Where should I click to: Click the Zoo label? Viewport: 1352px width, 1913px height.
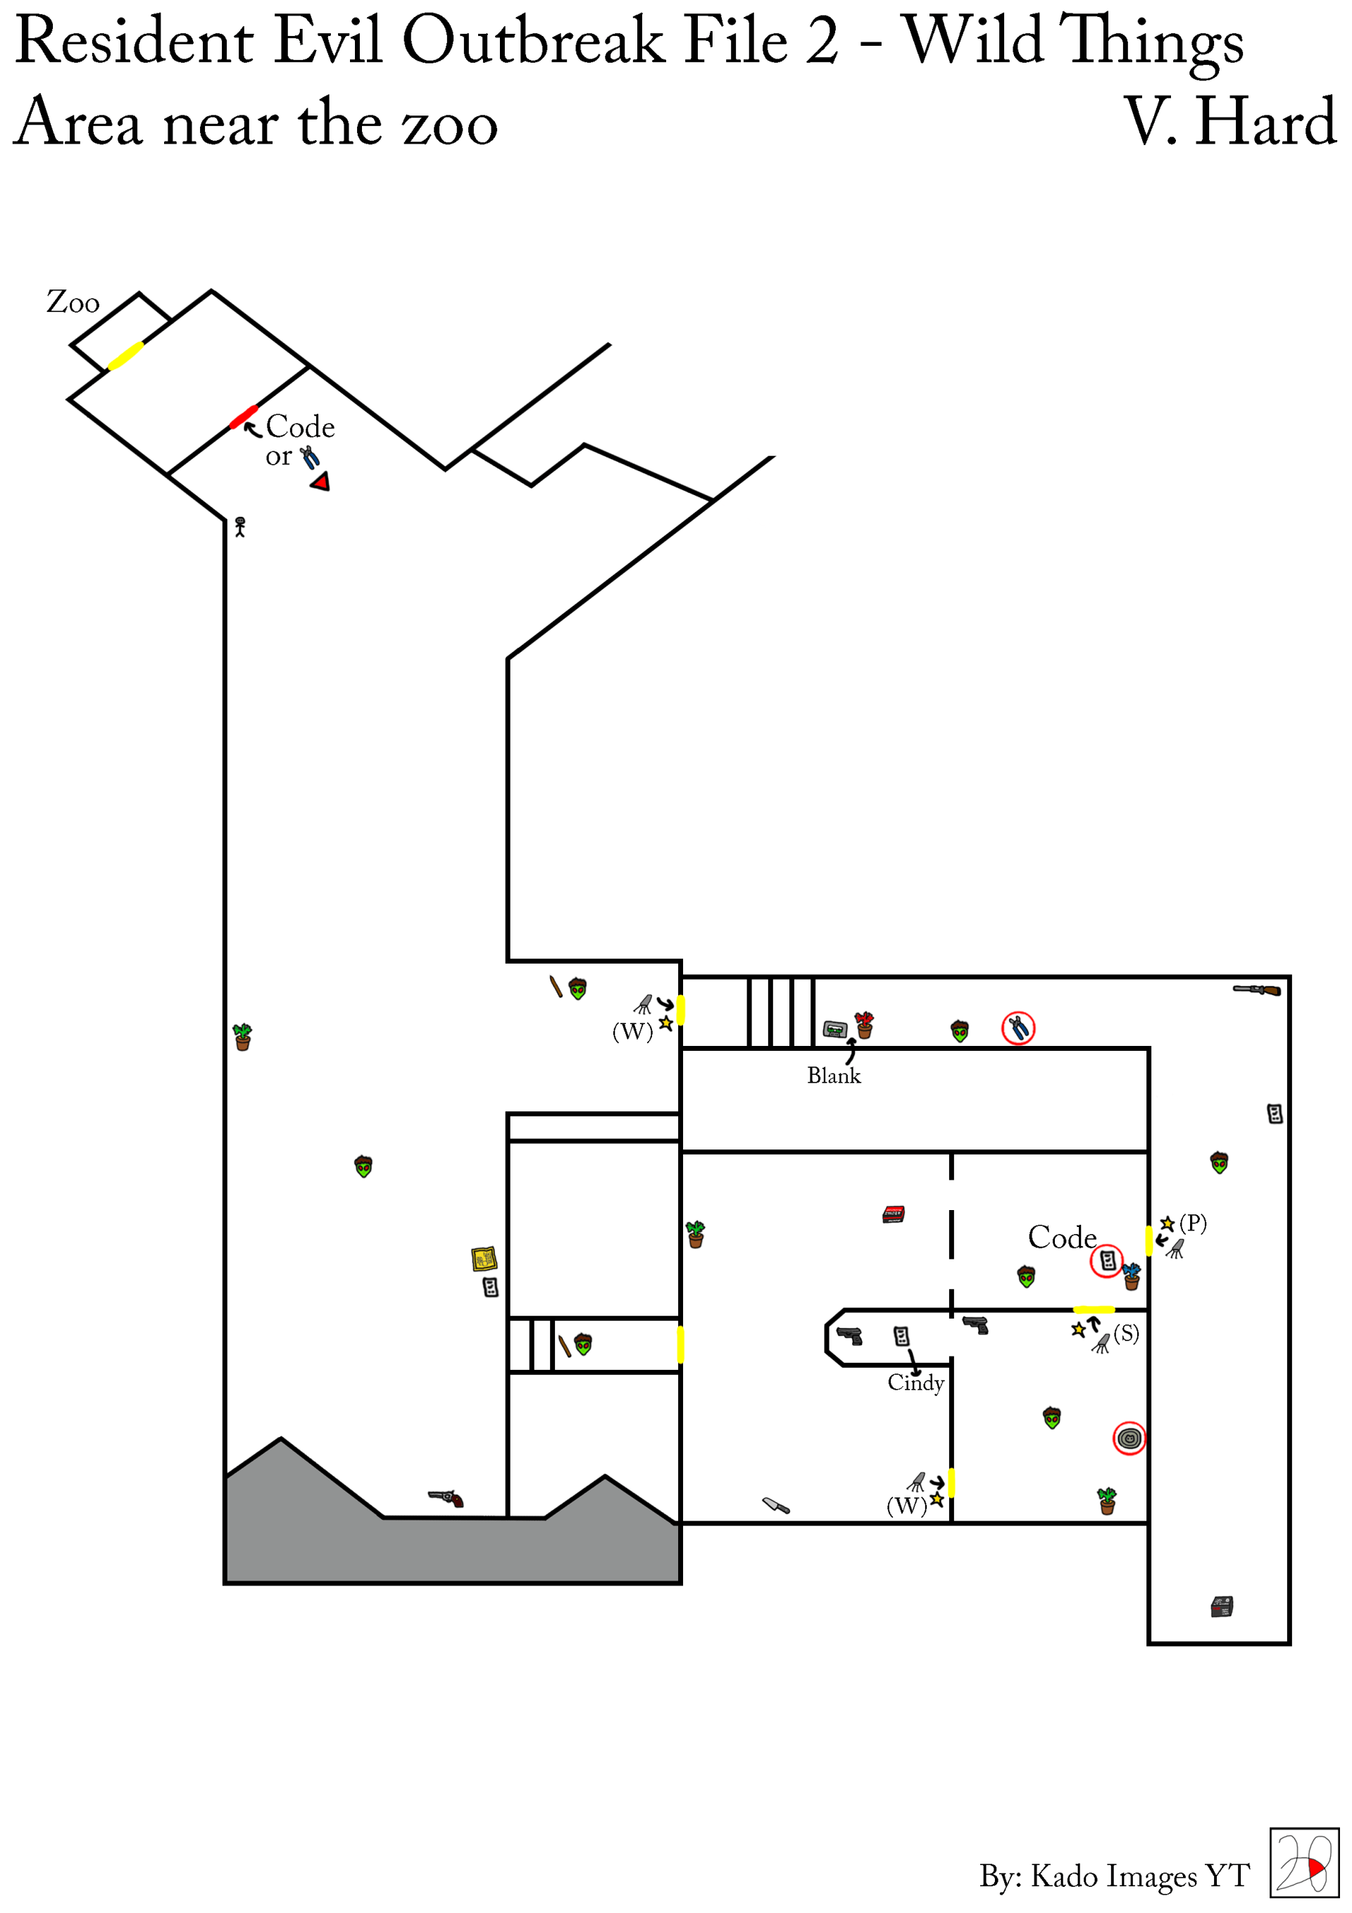point(73,301)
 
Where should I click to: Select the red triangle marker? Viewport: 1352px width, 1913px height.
point(320,482)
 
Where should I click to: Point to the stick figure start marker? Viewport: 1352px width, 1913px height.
point(240,527)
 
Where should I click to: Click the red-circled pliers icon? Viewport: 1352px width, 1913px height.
point(1018,1028)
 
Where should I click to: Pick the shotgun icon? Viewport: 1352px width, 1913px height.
point(1257,990)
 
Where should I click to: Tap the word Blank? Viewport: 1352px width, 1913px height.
point(834,1076)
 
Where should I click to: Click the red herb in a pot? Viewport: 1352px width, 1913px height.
point(865,1025)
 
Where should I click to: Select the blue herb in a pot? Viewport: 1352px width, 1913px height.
point(1132,1276)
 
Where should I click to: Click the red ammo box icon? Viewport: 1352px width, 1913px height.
point(894,1214)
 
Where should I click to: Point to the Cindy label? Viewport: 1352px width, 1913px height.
point(915,1383)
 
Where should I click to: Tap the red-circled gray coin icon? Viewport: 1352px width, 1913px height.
point(1129,1438)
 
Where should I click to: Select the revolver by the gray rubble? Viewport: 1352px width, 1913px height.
point(446,1498)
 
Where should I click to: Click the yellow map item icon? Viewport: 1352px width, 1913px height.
point(484,1258)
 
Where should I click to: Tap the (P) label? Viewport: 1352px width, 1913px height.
point(1193,1223)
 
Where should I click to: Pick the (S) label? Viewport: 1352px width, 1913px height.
point(1126,1333)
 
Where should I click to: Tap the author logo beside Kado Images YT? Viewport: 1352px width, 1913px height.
point(1303,1862)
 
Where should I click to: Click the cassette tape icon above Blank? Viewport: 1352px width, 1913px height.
point(834,1030)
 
